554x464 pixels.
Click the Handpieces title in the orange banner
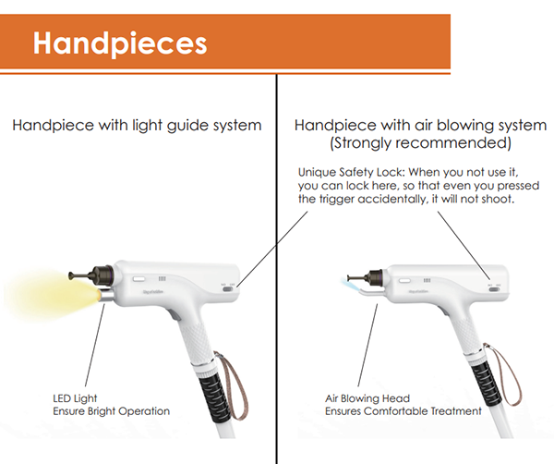(x=120, y=43)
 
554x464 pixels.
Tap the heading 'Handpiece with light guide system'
(x=137, y=126)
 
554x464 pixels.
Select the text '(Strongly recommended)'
(x=420, y=143)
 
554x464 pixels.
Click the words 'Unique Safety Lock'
(x=350, y=172)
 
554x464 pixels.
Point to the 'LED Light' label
(x=75, y=398)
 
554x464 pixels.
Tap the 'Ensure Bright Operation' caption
(x=112, y=411)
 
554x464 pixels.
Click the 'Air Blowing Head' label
(x=367, y=398)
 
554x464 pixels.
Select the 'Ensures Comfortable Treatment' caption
(x=403, y=411)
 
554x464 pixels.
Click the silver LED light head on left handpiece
(x=105, y=296)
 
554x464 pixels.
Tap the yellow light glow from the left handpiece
(x=50, y=295)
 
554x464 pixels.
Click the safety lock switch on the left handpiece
(x=228, y=289)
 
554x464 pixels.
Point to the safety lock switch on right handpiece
(x=494, y=289)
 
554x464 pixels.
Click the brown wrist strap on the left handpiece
(x=232, y=385)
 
